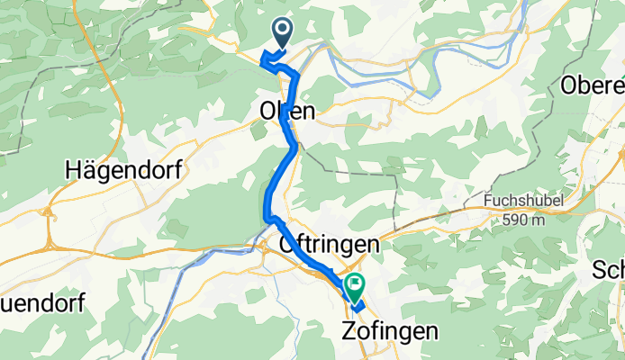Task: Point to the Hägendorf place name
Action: click(124, 169)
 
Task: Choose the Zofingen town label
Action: click(392, 329)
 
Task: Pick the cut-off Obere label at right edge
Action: click(593, 85)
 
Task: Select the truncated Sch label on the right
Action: click(608, 270)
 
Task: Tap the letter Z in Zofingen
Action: click(352, 329)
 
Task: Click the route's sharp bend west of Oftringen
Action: click(267, 217)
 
